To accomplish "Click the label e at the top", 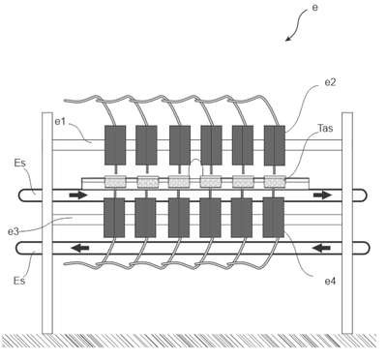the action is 314,8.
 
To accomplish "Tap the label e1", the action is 60,122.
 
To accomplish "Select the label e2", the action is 330,82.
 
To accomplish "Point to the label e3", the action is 14,231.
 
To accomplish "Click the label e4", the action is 330,282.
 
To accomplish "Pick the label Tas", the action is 325,128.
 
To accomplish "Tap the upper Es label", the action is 19,163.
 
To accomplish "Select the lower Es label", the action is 19,281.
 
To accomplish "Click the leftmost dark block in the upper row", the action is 115,145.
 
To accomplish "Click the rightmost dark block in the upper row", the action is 275,145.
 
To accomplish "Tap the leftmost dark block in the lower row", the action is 114,218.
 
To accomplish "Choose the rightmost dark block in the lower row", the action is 274,218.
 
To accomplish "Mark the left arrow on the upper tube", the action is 78,195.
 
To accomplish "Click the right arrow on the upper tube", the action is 322,195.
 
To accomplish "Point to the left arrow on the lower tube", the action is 80,248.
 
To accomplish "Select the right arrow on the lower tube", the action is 321,248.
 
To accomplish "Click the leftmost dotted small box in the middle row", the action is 115,182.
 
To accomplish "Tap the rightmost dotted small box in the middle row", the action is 275,182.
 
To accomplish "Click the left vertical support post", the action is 47,223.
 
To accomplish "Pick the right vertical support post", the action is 347,223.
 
